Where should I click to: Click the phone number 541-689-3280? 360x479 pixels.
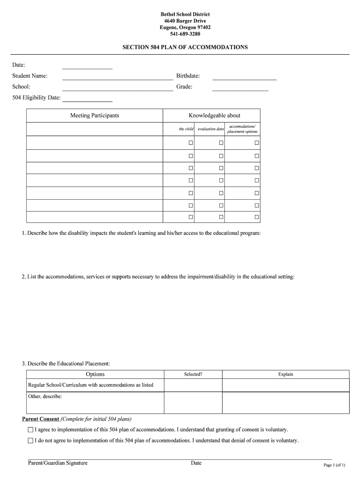180,34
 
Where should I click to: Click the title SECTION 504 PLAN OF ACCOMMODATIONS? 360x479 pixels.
185,47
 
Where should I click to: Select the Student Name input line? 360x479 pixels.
117,77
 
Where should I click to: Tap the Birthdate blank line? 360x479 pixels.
244,77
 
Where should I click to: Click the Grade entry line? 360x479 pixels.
240,88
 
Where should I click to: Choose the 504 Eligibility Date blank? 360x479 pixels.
87,99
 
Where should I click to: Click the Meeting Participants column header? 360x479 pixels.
94,116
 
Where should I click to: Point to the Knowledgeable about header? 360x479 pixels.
214,116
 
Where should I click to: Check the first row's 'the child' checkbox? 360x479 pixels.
191,143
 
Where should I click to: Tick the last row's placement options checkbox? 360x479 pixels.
257,217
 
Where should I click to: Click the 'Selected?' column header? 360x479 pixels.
193,374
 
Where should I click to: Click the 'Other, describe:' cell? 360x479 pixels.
45,397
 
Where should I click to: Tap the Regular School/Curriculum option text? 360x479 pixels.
91,385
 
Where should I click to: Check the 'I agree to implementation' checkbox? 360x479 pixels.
31,429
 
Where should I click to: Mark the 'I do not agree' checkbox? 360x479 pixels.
31,441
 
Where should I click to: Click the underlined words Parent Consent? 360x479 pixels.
41,419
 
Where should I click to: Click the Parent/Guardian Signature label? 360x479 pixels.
58,463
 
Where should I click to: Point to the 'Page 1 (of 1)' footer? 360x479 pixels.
334,465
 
